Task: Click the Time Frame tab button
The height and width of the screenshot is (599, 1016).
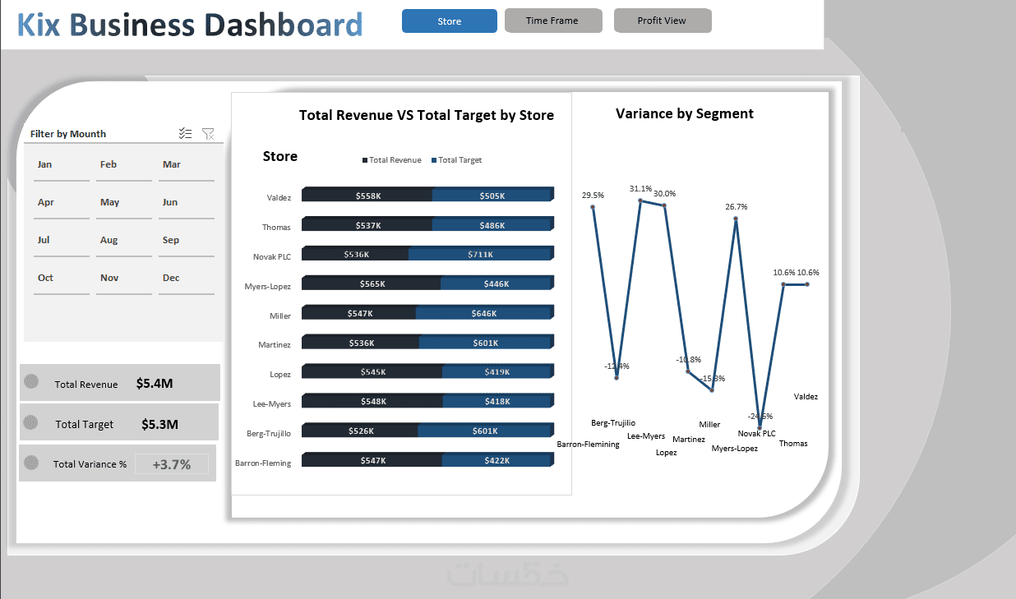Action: point(552,21)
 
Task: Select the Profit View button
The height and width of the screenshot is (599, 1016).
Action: point(662,21)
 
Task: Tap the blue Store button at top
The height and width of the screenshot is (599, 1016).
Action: point(449,21)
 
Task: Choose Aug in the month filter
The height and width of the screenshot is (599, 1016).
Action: point(109,240)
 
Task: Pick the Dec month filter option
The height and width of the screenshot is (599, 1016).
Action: point(171,278)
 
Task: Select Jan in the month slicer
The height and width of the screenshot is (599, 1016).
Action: point(45,164)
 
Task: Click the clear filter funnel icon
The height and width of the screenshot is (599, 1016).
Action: point(208,133)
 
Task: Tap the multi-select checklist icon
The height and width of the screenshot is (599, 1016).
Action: point(185,133)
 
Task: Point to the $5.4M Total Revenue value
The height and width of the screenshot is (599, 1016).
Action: point(155,383)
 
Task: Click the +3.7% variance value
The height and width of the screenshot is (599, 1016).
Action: point(172,464)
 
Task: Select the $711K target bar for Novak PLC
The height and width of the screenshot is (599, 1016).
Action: point(479,254)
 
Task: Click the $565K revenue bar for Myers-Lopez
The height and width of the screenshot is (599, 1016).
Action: point(372,283)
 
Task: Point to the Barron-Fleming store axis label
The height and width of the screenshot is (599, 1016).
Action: point(263,463)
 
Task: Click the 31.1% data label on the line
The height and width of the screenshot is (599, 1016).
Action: point(640,188)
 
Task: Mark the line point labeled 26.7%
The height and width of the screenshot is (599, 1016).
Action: point(736,219)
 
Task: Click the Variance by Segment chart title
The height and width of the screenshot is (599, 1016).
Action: point(684,113)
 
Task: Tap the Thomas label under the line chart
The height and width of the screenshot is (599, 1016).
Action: point(793,444)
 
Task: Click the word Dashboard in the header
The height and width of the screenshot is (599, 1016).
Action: point(284,25)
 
